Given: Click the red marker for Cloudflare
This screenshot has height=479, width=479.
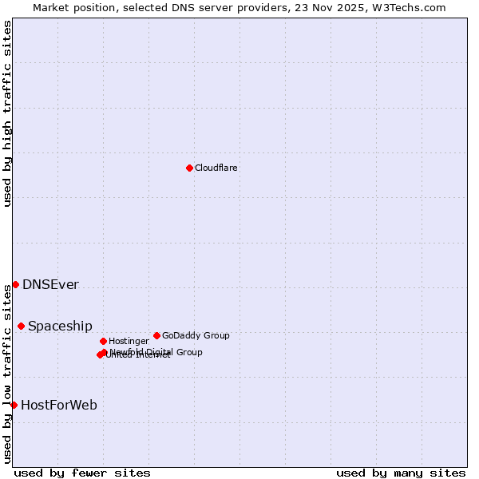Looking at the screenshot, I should pos(189,168).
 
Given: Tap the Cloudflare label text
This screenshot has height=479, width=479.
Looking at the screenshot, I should pos(216,168).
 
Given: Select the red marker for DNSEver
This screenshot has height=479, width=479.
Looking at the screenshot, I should pos(15,284).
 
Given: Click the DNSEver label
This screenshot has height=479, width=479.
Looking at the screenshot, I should pos(50,285).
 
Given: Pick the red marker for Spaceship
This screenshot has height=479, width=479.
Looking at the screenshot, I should pos(21,326).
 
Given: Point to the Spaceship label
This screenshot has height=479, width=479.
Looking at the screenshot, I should pos(60,327).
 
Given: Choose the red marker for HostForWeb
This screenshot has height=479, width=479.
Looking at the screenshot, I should pos(14,405).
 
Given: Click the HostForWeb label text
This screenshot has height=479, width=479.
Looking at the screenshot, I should pos(59,406).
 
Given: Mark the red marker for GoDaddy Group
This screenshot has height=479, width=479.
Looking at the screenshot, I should pos(156,335).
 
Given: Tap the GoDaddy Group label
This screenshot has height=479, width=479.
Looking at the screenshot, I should pos(196,335).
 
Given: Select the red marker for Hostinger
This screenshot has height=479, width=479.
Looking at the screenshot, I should pos(103,341).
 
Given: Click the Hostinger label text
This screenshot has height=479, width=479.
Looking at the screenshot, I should pos(129,341).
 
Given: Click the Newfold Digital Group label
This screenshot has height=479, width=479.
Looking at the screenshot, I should pos(156,352).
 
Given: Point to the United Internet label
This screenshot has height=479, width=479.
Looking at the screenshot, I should pos(138,355).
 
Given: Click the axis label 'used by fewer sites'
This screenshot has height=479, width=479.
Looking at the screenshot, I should pos(82,473).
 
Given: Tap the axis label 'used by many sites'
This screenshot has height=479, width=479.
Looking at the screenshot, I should pos(401,473).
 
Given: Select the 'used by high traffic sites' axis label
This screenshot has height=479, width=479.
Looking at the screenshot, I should pos(7,113).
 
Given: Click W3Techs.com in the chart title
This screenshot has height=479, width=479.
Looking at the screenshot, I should pos(408,7).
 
